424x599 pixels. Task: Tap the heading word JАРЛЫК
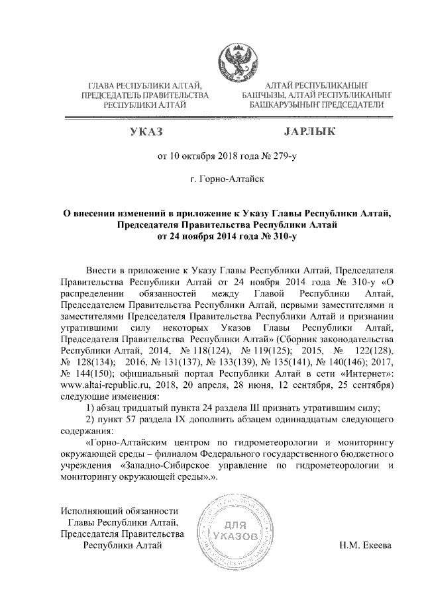pyautogui.click(x=309, y=132)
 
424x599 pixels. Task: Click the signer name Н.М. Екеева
pyautogui.click(x=365, y=545)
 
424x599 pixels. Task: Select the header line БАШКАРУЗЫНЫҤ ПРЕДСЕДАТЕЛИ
pyautogui.click(x=317, y=105)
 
